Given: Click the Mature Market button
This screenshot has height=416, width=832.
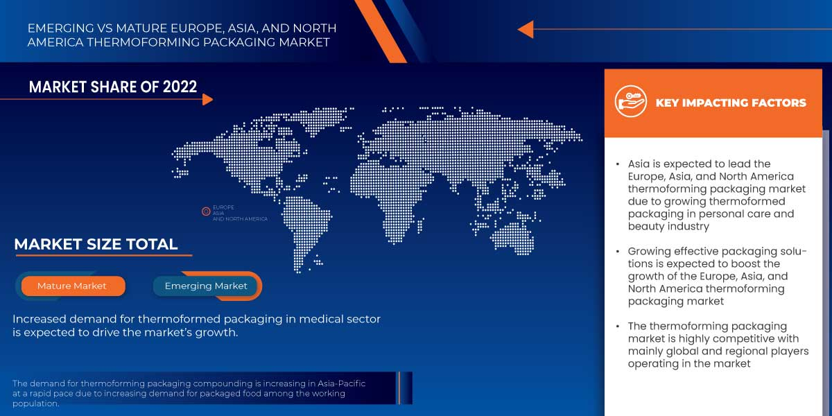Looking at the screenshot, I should click(x=72, y=286).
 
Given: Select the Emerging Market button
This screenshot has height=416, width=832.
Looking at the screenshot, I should click(x=206, y=286).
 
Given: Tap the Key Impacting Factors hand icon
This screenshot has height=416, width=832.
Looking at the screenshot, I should click(x=630, y=103).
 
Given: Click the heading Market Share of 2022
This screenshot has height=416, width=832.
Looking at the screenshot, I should click(x=113, y=87).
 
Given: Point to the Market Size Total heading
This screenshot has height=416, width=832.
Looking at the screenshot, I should click(x=96, y=244).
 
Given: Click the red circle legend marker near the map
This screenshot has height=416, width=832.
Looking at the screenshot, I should click(x=206, y=211).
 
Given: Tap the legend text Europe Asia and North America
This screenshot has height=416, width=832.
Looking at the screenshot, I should click(x=239, y=214).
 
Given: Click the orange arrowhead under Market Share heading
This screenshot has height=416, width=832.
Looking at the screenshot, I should click(x=207, y=100).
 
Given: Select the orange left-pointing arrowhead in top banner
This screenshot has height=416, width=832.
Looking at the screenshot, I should click(x=526, y=29).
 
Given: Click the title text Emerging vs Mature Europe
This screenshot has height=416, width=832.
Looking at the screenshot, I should click(x=182, y=35).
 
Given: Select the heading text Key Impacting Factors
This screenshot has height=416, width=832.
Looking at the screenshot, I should click(x=731, y=103).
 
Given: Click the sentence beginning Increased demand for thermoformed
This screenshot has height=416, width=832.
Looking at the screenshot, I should click(x=196, y=325).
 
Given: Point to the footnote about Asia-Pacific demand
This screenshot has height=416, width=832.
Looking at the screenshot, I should click(x=189, y=393).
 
